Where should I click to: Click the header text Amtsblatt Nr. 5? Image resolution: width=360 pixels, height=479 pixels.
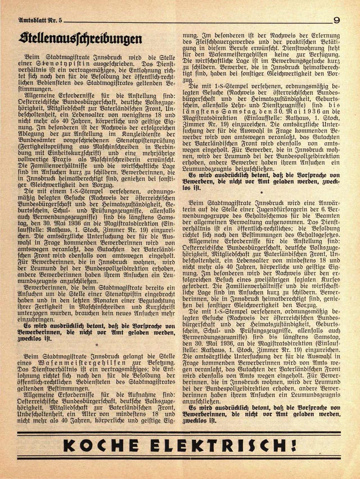click(40, 20)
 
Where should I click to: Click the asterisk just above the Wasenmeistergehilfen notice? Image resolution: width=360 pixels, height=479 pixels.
click(96, 345)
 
